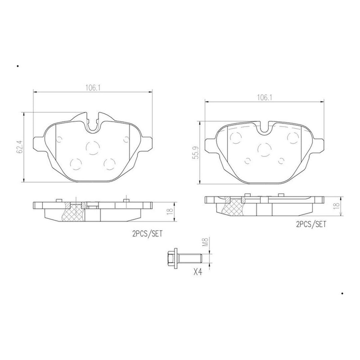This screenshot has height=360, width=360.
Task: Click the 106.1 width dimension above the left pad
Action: [93, 88]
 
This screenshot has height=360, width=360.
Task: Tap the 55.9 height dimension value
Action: [196, 153]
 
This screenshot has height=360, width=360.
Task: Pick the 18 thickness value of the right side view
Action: [337, 206]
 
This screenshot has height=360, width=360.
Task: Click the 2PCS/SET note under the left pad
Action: [147, 234]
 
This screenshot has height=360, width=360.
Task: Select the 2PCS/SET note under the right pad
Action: [311, 224]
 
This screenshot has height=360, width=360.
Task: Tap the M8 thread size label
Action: [205, 242]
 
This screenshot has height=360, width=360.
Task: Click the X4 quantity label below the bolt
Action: [198, 272]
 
